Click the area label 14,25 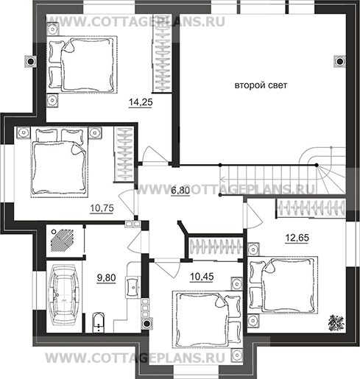pyautogui.click(x=141, y=102)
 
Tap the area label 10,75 pyautogui.click(x=102, y=208)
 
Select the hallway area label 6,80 pyautogui.click(x=180, y=191)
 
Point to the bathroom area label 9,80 pyautogui.click(x=106, y=278)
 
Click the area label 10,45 pyautogui.click(x=202, y=277)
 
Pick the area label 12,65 pyautogui.click(x=297, y=238)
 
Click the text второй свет pyautogui.click(x=261, y=85)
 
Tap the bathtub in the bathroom pyautogui.click(x=64, y=294)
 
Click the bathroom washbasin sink pyautogui.click(x=133, y=287)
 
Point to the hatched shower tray pyautogui.click(x=63, y=240)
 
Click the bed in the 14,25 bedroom pyautogui.click(x=82, y=65)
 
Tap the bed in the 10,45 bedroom pyautogui.click(x=208, y=319)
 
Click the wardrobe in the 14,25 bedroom pyautogui.click(x=162, y=54)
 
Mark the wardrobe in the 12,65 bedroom pyautogui.click(x=311, y=208)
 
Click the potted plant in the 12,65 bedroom pyautogui.click(x=336, y=323)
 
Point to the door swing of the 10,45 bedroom pyautogui.click(x=168, y=269)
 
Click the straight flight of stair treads pyautogui.click(x=267, y=180)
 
